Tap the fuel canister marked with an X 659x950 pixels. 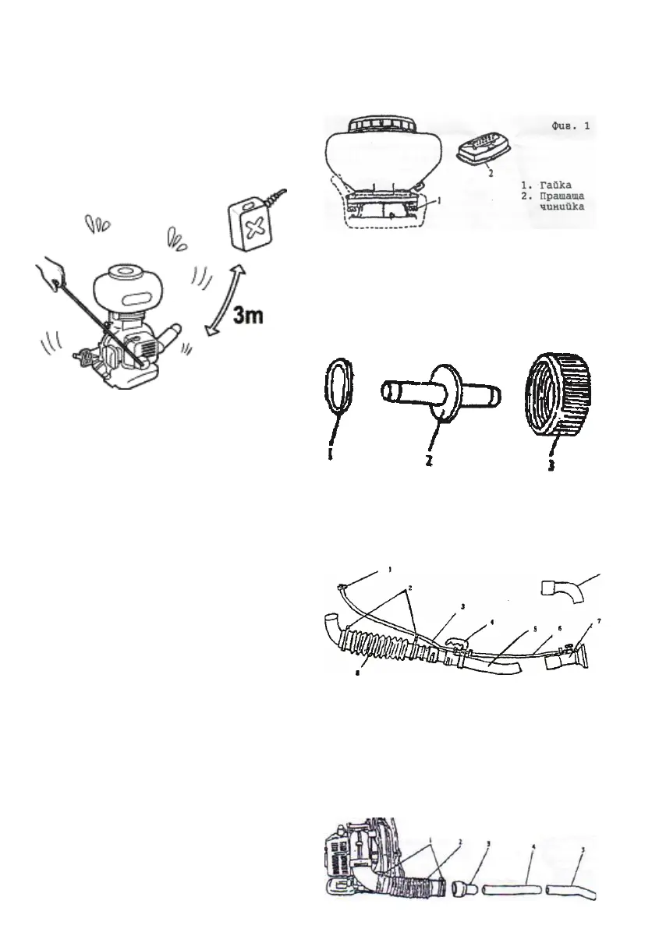pos(251,224)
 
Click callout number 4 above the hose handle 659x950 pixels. pos(491,623)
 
